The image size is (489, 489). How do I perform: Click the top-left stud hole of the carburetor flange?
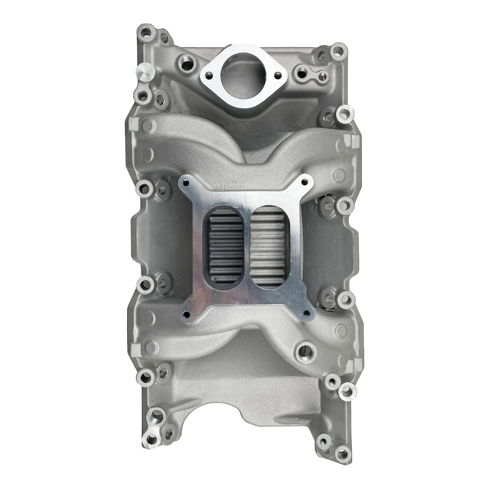186,182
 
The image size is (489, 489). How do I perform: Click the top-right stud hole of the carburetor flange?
304,182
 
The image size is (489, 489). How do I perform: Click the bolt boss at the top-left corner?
145,32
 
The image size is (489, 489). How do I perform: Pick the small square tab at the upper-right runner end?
354,140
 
